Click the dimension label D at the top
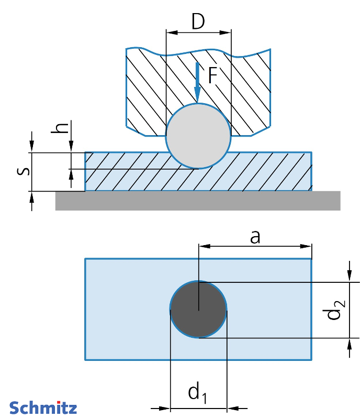[x=198, y=21]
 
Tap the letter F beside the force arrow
[x=211, y=76]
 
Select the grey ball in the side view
[x=198, y=136]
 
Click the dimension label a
[x=255, y=237]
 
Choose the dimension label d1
[x=197, y=392]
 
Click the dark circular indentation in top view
[x=198, y=310]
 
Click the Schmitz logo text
[x=43, y=407]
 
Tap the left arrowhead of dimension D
[x=170, y=32]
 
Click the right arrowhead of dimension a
[x=308, y=246]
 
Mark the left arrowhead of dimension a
[x=203, y=246]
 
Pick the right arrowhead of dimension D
[x=227, y=32]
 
